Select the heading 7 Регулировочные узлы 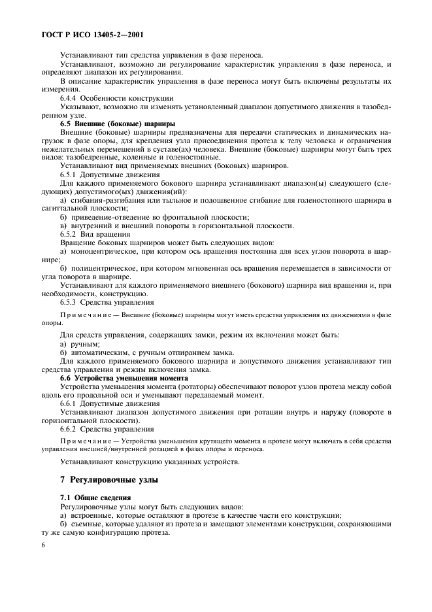(110, 481)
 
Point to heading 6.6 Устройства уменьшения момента (124, 378)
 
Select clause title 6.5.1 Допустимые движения (110, 175)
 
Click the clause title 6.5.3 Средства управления (107, 302)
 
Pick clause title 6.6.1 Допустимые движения (110, 403)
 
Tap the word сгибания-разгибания (100, 200)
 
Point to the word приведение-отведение (103, 217)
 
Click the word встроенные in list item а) (92, 515)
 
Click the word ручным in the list (85, 344)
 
